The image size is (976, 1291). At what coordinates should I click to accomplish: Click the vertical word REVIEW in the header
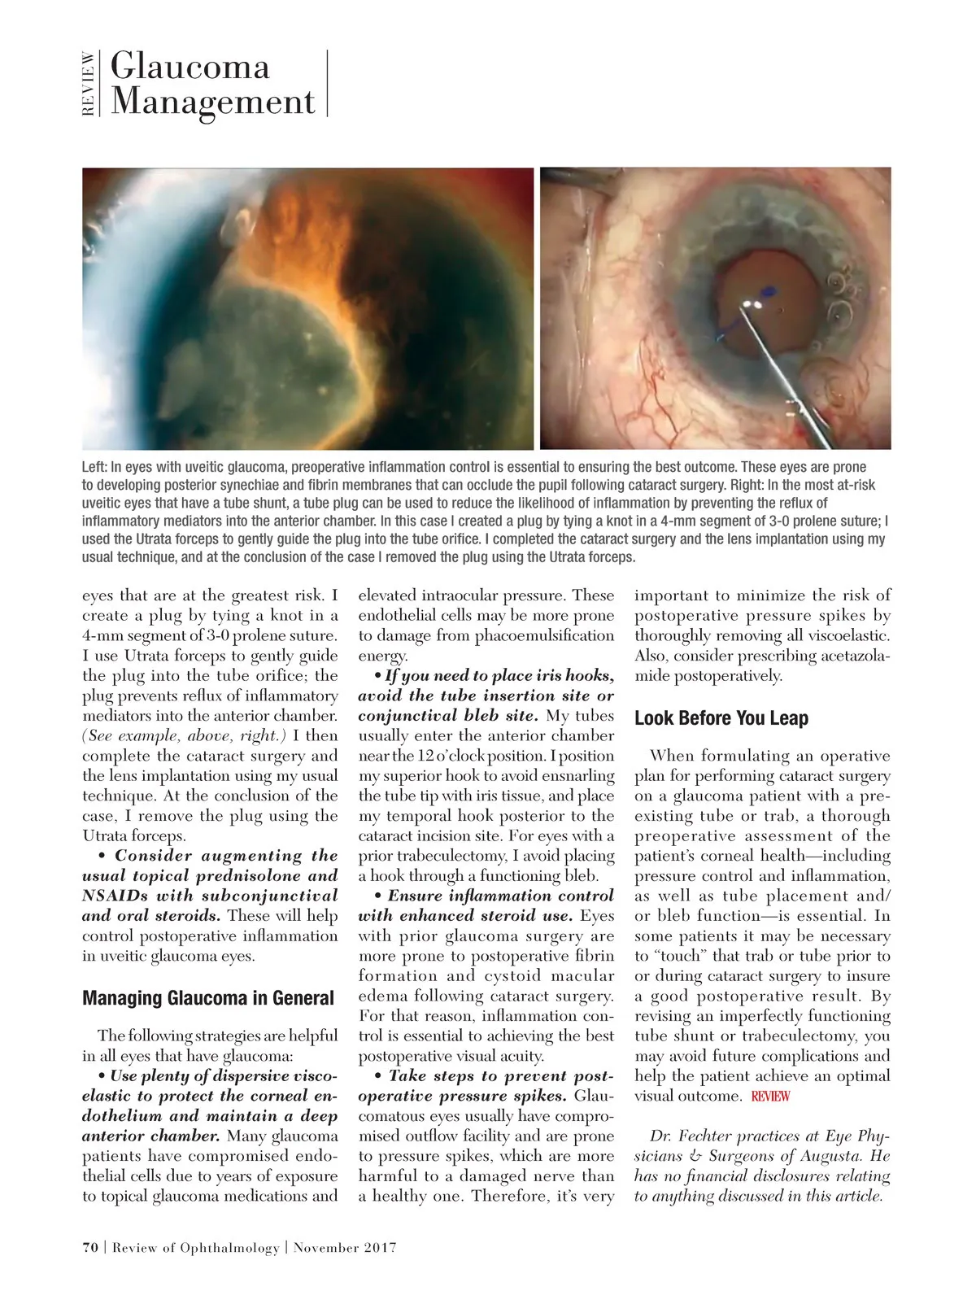(x=88, y=84)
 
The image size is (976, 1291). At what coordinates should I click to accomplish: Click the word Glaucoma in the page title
(x=190, y=66)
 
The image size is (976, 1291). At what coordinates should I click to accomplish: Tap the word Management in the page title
(x=212, y=102)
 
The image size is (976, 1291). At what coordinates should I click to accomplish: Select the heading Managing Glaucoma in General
(x=208, y=998)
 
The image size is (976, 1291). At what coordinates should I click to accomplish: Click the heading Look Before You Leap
(x=721, y=718)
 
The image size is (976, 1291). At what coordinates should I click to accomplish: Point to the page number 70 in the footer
(x=90, y=1247)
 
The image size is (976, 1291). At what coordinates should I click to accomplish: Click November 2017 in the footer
(x=345, y=1247)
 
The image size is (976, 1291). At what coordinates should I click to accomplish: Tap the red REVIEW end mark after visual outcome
(x=770, y=1097)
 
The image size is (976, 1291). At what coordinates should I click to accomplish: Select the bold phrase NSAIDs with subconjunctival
(x=210, y=896)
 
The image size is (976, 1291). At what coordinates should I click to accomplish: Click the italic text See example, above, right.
(x=185, y=735)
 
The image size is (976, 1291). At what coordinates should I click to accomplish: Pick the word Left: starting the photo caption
(x=94, y=467)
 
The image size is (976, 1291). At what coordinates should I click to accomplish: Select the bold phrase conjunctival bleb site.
(x=448, y=716)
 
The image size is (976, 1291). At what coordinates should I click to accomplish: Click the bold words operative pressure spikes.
(x=462, y=1096)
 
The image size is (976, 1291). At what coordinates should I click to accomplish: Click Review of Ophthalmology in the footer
(x=195, y=1247)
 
